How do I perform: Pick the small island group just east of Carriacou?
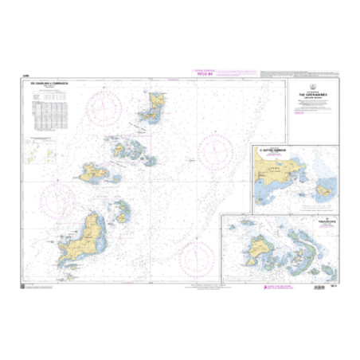click(x=122, y=212)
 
